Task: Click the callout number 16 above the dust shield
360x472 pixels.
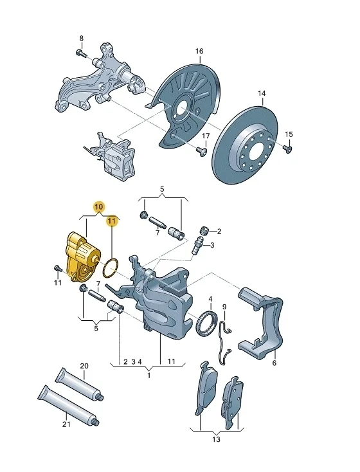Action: click(x=199, y=51)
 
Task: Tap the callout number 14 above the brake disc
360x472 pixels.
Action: click(x=262, y=93)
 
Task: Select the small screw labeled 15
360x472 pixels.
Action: click(x=288, y=149)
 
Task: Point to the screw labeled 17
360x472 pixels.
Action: click(x=202, y=151)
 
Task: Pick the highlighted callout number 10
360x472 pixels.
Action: click(x=99, y=207)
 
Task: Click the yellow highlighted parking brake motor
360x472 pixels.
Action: click(x=83, y=257)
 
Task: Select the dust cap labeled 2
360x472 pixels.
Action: click(x=204, y=232)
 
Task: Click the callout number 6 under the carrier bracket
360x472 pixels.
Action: click(x=274, y=363)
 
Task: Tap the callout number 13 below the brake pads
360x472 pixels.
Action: click(x=216, y=439)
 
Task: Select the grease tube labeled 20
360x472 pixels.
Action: click(x=79, y=385)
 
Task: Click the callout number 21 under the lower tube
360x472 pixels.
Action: click(x=66, y=424)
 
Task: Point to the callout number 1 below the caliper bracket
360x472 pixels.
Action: click(x=148, y=376)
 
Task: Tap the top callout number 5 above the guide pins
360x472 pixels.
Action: click(x=162, y=189)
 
